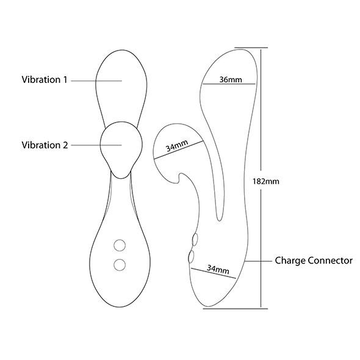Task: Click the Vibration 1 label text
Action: coord(45,80)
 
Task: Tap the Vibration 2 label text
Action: coord(45,145)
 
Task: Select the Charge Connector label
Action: coord(314,261)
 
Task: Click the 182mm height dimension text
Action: coord(266,181)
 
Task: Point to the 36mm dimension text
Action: coord(231,80)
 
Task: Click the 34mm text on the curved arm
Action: coord(177,146)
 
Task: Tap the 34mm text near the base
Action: coord(218,269)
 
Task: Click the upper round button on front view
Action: coord(120,245)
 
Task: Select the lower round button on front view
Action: coord(120,265)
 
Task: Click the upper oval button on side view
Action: coord(195,239)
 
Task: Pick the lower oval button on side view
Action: coord(191,256)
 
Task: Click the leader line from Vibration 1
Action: coord(96,81)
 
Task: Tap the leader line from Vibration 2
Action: coord(96,145)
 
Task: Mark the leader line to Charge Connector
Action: coord(258,261)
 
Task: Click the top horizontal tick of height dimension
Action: coord(251,48)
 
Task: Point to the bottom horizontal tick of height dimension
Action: coord(236,309)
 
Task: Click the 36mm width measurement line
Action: coord(229,84)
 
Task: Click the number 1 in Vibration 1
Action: coord(65,80)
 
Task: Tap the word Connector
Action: coord(330,261)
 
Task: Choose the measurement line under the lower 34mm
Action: coord(214,273)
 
